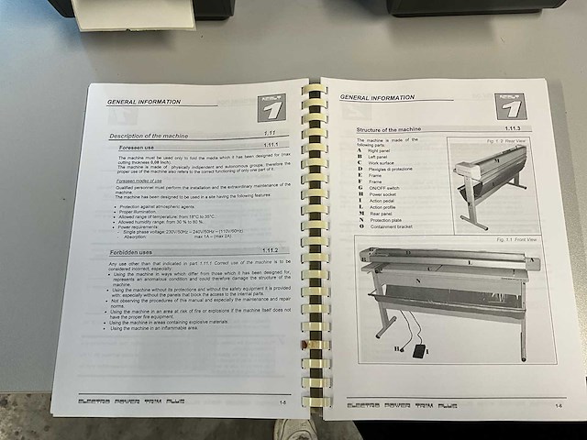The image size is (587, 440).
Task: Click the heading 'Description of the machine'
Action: click(x=149, y=136)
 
